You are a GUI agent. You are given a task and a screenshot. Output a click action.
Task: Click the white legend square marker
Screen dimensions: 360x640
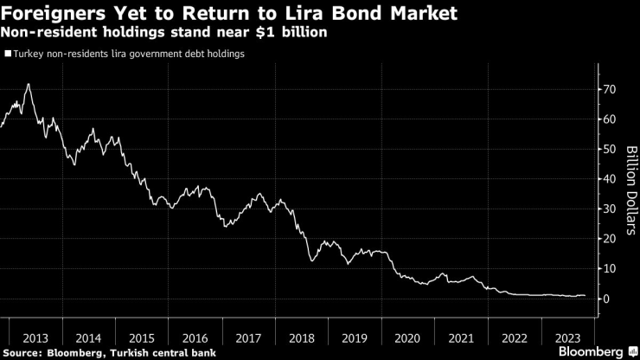pyautogui.click(x=8, y=54)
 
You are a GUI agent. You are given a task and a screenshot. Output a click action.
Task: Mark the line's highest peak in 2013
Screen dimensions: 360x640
pyautogui.click(x=29, y=84)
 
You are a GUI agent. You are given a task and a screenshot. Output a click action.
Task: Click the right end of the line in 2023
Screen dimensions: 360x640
pyautogui.click(x=585, y=296)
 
